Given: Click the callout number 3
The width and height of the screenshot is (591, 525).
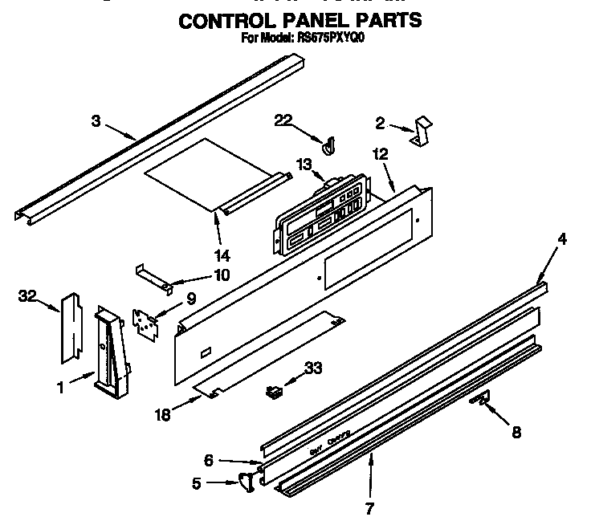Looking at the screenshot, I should click(96, 121).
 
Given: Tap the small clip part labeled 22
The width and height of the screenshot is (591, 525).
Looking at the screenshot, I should click(328, 145).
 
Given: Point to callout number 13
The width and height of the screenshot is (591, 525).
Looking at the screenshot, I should click(303, 164).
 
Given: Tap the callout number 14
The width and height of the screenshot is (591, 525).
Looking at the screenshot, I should click(222, 256).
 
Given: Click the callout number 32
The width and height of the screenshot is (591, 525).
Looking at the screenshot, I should click(27, 296).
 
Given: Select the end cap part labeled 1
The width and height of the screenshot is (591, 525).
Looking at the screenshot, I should click(109, 353).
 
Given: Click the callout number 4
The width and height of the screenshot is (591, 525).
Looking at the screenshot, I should click(562, 238).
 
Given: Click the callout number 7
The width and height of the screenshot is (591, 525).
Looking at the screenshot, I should click(370, 507).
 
